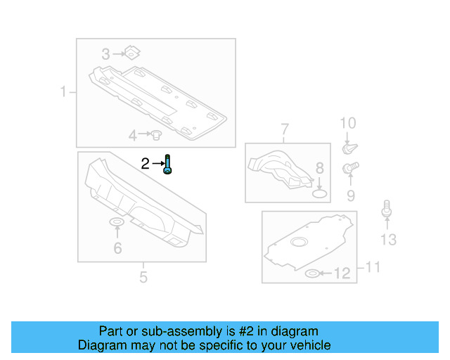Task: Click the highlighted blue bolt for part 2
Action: click(168, 165)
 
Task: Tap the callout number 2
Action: click(145, 165)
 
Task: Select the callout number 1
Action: click(63, 92)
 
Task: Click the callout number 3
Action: click(106, 54)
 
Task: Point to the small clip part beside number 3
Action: click(130, 51)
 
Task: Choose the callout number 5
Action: click(143, 277)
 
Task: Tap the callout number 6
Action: click(117, 247)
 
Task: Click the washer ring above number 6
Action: click(117, 224)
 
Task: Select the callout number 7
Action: click(285, 129)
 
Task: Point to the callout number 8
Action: click(319, 168)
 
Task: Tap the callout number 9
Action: click(349, 195)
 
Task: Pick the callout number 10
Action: click(348, 124)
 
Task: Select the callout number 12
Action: click(342, 274)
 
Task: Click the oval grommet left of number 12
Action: click(312, 273)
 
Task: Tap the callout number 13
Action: click(388, 240)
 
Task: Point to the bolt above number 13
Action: click(386, 210)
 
